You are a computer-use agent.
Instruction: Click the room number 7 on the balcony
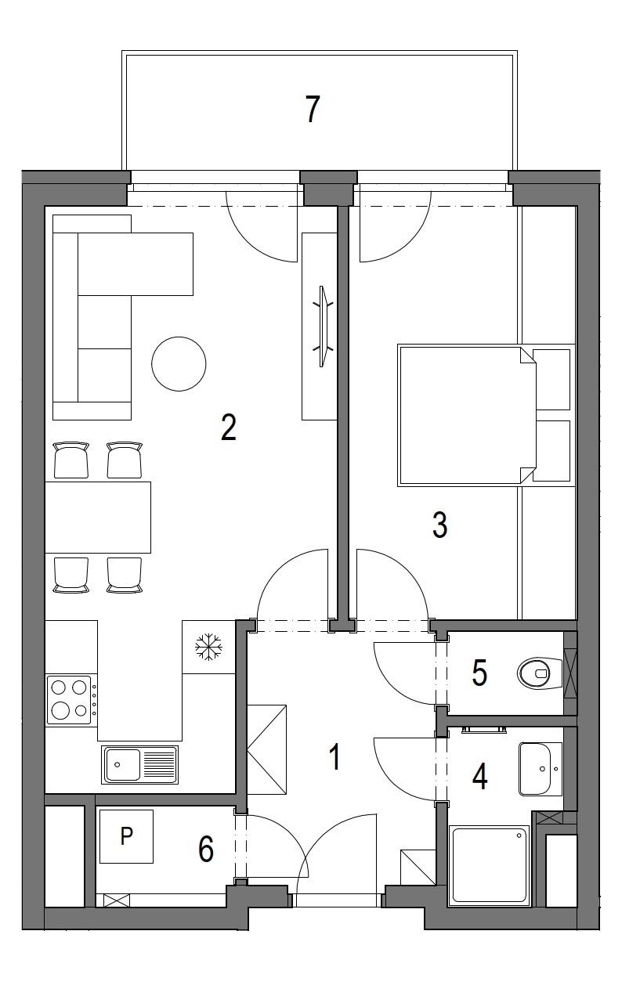click(313, 110)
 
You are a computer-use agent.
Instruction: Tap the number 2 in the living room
click(229, 427)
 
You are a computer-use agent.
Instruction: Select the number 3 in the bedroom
click(440, 525)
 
